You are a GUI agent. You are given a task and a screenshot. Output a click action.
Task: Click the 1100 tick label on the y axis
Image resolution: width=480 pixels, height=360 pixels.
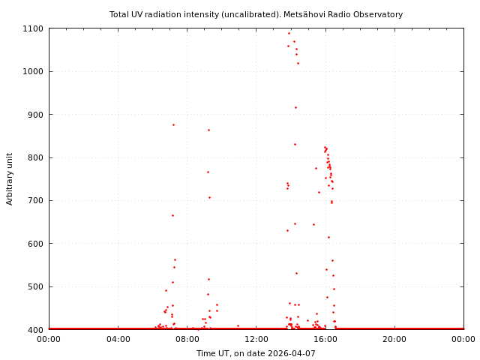(x=33, y=28)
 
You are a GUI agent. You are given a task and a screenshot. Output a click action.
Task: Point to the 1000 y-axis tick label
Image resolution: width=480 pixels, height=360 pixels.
(x=33, y=71)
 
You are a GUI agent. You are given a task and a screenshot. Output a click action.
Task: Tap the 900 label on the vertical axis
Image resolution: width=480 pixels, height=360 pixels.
(x=35, y=115)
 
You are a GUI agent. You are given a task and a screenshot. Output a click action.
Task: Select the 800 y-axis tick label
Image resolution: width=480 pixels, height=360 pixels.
(x=35, y=157)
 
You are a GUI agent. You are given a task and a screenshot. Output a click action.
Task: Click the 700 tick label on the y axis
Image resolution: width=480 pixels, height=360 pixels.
(x=35, y=200)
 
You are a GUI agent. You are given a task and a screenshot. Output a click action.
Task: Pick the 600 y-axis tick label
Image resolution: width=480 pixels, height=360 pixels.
(x=35, y=244)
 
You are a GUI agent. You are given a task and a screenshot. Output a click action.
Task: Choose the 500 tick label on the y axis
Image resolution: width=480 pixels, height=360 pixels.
(x=35, y=286)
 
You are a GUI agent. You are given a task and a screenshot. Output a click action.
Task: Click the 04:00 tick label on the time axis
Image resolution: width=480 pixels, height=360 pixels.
(x=118, y=340)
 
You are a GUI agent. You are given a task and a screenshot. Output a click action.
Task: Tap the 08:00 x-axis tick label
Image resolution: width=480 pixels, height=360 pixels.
(x=187, y=340)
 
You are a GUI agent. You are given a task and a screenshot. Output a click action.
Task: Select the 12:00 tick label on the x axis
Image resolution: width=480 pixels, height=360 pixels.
(x=256, y=340)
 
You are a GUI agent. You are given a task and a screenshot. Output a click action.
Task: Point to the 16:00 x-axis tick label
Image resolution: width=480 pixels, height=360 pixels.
(x=325, y=340)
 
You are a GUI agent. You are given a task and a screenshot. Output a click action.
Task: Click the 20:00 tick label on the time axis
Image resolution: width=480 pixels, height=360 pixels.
(x=394, y=340)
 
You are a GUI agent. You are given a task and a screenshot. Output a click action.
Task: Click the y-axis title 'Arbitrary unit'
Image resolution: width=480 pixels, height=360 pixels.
(x=10, y=178)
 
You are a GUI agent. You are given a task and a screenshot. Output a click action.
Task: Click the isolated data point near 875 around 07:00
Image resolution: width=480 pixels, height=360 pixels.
(x=173, y=124)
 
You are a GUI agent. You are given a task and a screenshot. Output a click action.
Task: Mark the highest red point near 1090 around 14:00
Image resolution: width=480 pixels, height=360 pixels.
(x=289, y=33)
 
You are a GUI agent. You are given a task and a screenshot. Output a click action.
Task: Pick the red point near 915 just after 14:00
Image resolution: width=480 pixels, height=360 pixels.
(x=295, y=107)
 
